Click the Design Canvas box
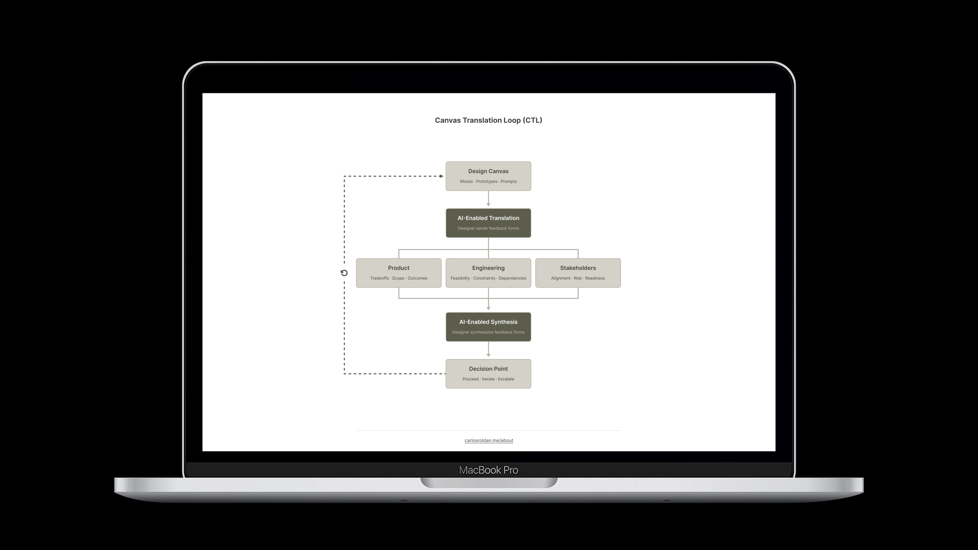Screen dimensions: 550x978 488,176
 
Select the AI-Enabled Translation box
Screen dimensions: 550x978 488,223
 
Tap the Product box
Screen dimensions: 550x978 399,273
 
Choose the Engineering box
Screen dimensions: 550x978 488,273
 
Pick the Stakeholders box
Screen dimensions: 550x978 578,273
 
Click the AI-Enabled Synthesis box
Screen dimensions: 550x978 488,327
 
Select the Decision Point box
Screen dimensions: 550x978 488,373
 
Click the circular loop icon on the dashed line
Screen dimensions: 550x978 344,273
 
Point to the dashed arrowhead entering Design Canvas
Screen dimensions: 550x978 441,176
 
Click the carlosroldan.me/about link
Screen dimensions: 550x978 489,440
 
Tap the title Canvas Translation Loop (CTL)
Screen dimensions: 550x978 488,120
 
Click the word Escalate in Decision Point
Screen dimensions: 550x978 506,379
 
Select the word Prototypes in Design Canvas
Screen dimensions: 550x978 487,181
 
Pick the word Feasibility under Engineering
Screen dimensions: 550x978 460,278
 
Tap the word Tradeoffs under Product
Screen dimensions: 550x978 379,278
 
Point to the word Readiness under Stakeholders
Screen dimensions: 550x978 595,278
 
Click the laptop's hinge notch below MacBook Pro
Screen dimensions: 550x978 489,483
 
